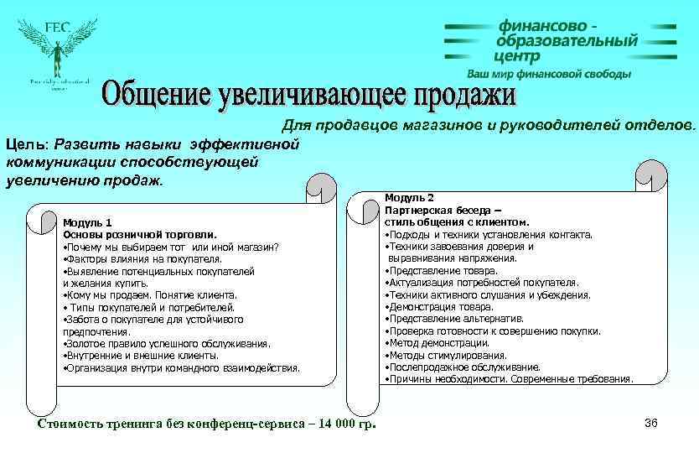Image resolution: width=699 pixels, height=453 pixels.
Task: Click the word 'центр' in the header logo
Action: [x=517, y=56]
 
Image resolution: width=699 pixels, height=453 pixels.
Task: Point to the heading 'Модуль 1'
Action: [x=87, y=223]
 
